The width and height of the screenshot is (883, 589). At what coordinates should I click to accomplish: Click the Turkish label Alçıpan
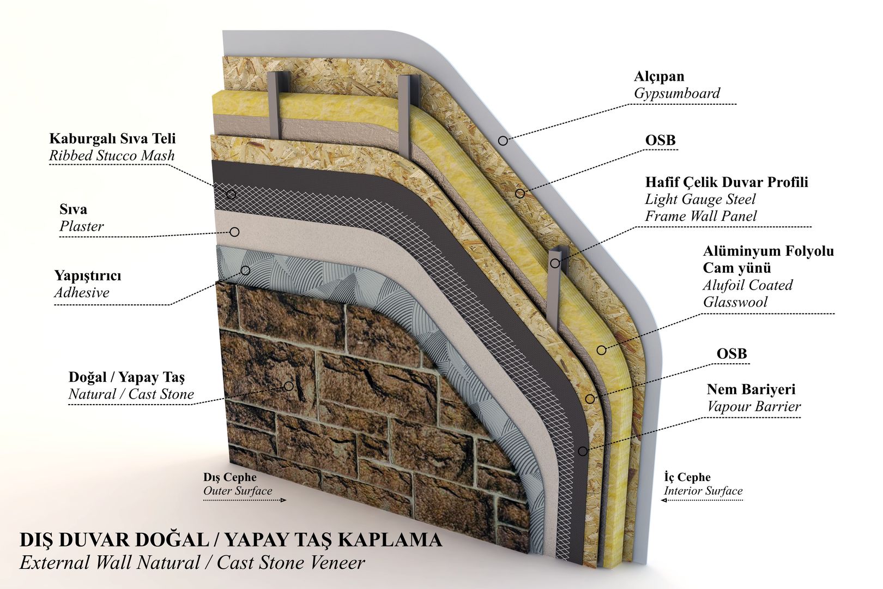[658, 76]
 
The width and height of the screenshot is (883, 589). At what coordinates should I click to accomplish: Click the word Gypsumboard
[676, 93]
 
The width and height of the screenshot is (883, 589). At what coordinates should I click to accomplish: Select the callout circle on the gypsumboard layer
[503, 141]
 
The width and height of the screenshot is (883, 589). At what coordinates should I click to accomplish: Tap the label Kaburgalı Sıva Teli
[112, 139]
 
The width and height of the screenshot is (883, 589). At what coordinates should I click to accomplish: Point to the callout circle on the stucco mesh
[231, 194]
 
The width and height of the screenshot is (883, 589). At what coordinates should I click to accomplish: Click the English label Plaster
[81, 226]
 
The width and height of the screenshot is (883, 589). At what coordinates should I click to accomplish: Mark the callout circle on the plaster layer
[234, 232]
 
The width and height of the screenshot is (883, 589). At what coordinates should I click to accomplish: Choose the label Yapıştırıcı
[88, 275]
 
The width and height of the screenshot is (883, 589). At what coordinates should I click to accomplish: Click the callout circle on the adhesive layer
[245, 271]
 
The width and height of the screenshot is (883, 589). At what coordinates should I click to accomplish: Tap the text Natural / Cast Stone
[131, 394]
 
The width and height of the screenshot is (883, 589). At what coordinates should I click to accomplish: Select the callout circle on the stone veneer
[288, 386]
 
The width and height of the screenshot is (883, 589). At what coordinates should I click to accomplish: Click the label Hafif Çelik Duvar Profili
[726, 182]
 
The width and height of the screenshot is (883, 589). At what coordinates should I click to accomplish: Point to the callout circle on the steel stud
[555, 263]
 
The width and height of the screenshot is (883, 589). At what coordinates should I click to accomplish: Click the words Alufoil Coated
[747, 285]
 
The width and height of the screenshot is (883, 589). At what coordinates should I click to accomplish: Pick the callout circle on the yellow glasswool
[601, 350]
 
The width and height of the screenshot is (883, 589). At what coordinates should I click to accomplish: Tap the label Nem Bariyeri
[751, 389]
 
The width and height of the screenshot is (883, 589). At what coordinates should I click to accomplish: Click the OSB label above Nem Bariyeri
[731, 354]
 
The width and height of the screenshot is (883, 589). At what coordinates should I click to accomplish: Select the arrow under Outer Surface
[245, 500]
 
